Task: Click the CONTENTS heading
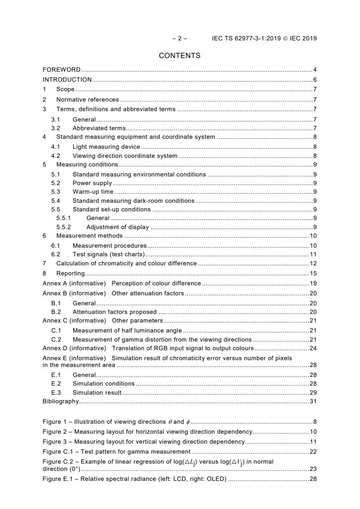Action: [x=179, y=56]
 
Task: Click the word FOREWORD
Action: [x=61, y=70]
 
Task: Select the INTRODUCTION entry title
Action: [x=67, y=80]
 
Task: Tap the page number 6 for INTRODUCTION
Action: [x=315, y=80]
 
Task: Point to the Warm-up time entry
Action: [x=93, y=191]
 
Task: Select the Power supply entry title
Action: [x=92, y=183]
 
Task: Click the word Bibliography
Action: [x=60, y=401]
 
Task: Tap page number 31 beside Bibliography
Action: [x=313, y=401]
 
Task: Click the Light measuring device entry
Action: [x=106, y=147]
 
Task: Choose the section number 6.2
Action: [x=55, y=254]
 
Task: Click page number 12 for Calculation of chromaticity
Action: [x=313, y=263]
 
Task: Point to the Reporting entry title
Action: [x=70, y=274]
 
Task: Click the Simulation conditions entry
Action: [x=104, y=383]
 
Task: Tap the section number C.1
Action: [x=55, y=330]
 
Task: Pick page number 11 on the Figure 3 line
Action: [x=313, y=441]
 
